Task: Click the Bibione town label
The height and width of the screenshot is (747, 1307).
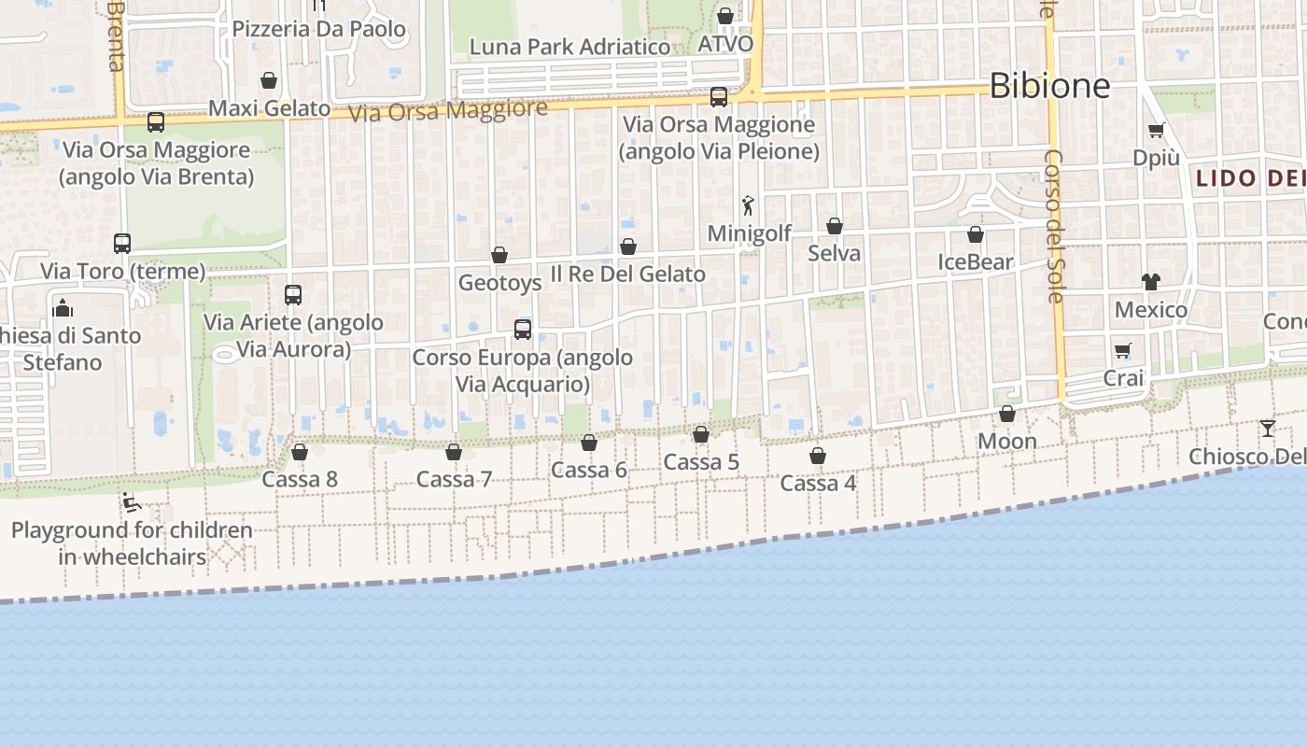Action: click(x=1049, y=86)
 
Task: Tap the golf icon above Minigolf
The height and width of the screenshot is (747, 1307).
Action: click(x=748, y=205)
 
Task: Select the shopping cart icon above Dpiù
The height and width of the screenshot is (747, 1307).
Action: click(x=1157, y=131)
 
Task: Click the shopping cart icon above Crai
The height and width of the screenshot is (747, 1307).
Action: click(x=1123, y=351)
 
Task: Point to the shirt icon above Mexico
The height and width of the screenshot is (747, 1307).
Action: click(x=1150, y=282)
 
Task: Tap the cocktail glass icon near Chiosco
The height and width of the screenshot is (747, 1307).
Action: click(x=1267, y=429)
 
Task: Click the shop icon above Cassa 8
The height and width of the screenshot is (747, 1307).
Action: click(x=300, y=452)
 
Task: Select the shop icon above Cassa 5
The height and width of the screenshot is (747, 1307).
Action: click(x=701, y=434)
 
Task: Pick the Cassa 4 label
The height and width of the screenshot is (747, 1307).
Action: click(x=818, y=483)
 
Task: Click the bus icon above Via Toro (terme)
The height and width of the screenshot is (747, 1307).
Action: click(x=122, y=244)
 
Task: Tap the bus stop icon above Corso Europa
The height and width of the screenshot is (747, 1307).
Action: click(x=523, y=330)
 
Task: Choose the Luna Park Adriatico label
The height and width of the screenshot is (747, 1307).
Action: click(x=569, y=47)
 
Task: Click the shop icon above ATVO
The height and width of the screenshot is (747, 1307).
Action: click(x=725, y=16)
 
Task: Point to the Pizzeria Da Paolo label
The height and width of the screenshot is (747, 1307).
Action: click(x=319, y=29)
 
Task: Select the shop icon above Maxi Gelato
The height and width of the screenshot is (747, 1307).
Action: click(x=269, y=81)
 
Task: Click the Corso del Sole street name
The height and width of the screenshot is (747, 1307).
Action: click(x=1054, y=226)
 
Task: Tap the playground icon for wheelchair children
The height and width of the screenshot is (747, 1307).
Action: click(x=132, y=503)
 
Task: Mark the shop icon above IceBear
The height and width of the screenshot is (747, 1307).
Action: click(x=976, y=234)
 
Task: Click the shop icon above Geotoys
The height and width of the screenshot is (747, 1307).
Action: click(x=499, y=255)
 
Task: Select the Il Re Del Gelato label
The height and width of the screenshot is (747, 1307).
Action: click(x=627, y=274)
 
